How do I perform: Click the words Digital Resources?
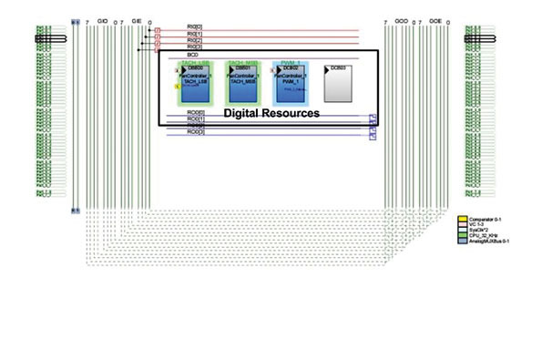click(x=271, y=114)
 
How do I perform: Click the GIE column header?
click(x=137, y=19)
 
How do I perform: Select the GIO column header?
click(x=102, y=19)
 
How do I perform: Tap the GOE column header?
click(x=435, y=19)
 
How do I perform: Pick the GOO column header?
click(x=402, y=19)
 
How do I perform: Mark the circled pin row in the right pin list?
click(x=481, y=40)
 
